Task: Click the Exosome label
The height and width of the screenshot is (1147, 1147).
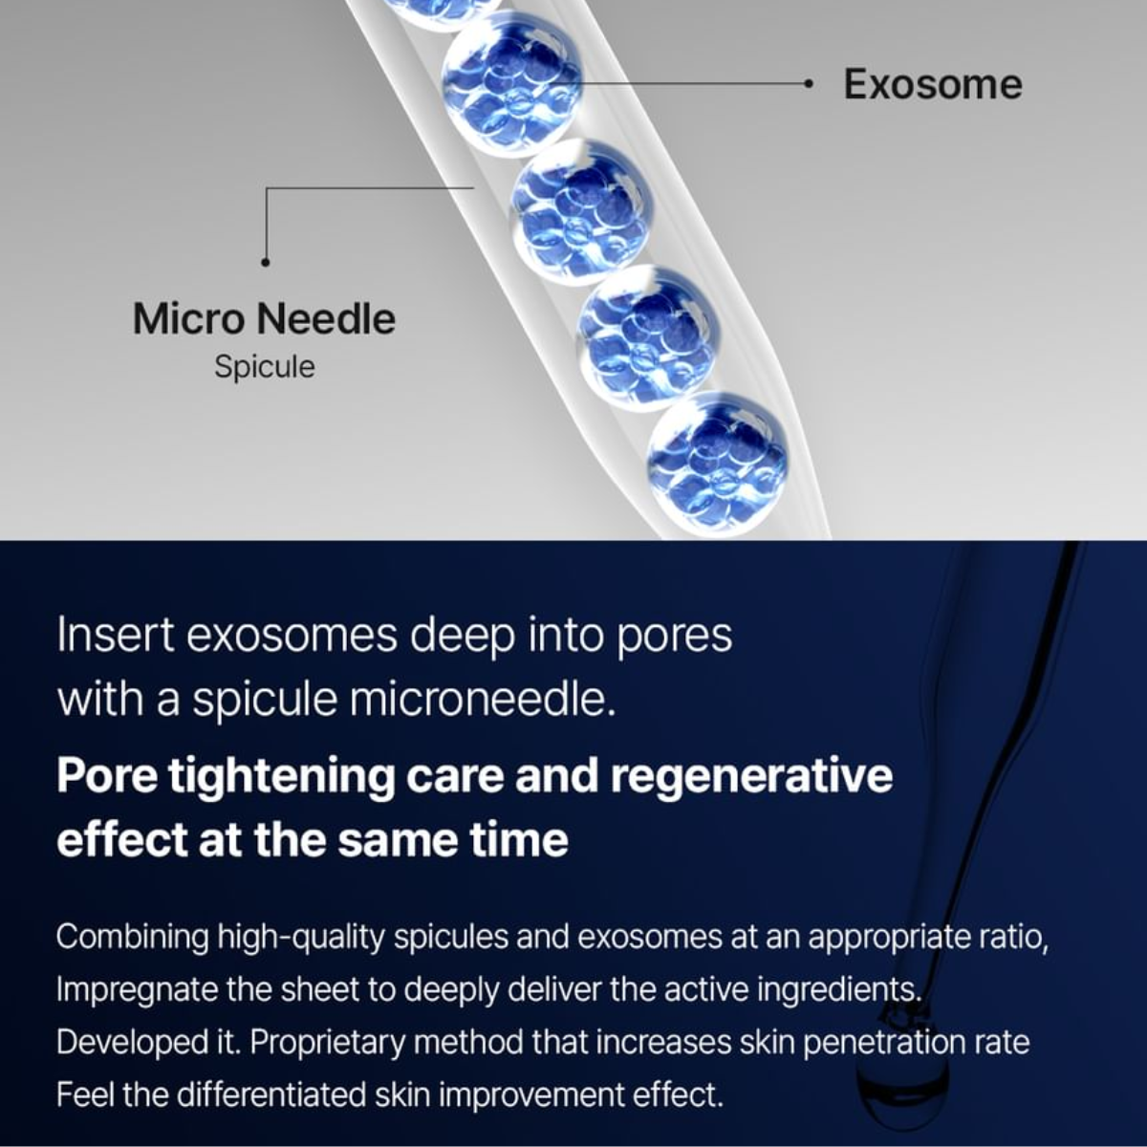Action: coord(933,84)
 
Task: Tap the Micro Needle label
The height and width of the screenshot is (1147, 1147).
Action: coord(264,319)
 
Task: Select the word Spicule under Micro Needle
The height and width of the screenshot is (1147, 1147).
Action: coord(264,367)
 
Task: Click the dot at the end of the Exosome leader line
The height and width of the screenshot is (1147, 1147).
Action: coord(808,84)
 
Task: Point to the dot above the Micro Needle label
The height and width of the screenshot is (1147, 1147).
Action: coord(266,261)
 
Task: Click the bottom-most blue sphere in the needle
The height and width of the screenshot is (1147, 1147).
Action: coord(717,463)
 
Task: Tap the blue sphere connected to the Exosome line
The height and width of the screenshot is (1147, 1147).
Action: coord(511,83)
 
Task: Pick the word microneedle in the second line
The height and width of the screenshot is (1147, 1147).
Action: coord(482,700)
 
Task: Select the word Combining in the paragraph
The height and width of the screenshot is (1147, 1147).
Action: coord(132,938)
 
